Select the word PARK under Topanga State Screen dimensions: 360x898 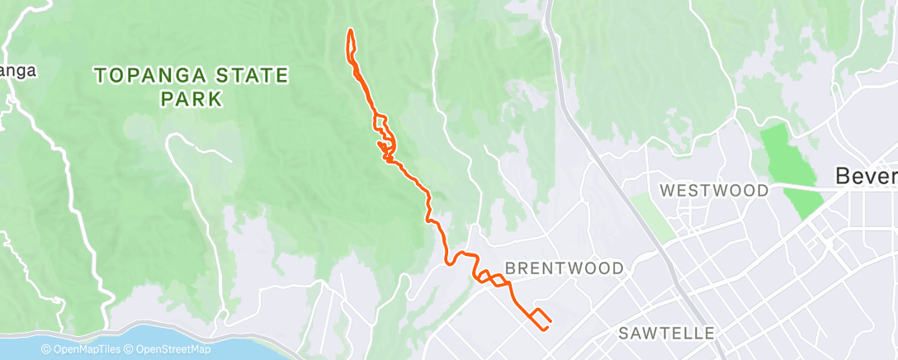point(191,99)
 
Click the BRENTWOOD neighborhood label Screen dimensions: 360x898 point(564,268)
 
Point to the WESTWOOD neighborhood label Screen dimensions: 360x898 point(715,191)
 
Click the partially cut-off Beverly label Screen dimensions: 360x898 point(866,176)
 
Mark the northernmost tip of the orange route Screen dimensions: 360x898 point(351,31)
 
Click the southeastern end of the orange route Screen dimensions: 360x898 point(546,328)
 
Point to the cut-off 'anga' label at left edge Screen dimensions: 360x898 point(18,71)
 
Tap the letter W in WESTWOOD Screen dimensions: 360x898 point(666,191)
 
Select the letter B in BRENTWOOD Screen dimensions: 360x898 point(509,268)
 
